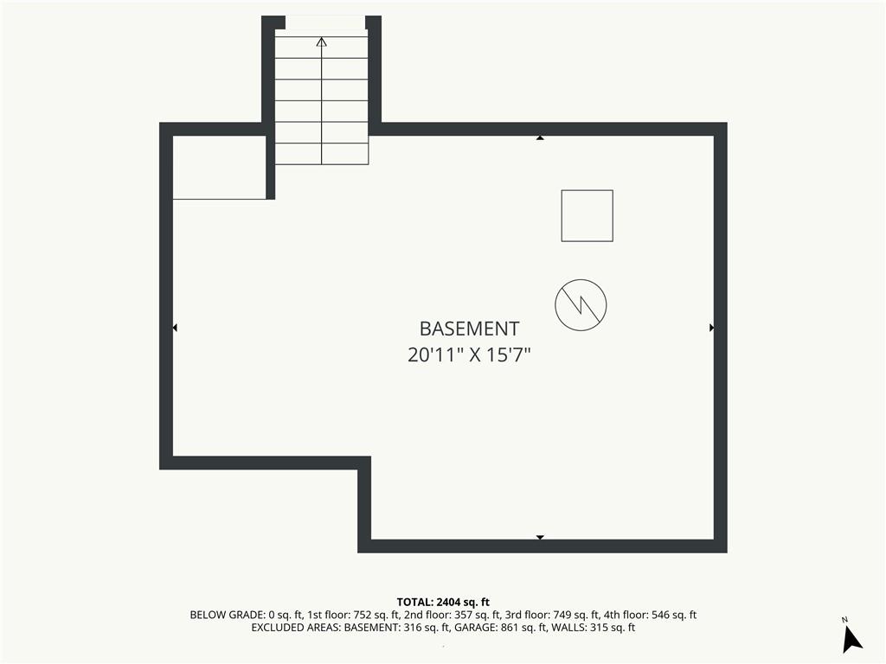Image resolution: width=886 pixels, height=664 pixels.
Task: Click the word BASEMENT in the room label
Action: (469, 329)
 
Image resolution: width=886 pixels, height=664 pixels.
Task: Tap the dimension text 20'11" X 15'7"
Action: (469, 355)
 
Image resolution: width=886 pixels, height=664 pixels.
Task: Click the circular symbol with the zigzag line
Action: (581, 304)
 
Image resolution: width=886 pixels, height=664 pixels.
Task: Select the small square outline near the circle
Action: (587, 215)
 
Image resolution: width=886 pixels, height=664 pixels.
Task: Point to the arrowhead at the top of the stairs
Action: (322, 41)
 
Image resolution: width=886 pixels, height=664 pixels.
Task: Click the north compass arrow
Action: (851, 640)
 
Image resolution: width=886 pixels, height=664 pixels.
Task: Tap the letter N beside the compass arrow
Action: (844, 620)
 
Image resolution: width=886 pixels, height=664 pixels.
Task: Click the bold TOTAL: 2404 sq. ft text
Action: (443, 602)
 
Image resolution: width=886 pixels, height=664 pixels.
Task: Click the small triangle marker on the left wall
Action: (175, 328)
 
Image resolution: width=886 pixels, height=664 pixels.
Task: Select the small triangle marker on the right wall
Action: (711, 328)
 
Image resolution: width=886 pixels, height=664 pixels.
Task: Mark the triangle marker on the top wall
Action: (540, 137)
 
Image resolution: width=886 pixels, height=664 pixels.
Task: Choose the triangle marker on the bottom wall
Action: (540, 537)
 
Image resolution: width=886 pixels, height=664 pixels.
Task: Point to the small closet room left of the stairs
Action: (219, 168)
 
